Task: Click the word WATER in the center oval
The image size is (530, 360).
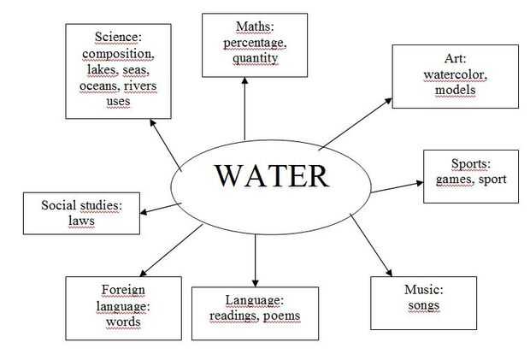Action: [271, 175]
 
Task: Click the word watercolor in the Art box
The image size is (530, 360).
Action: [455, 74]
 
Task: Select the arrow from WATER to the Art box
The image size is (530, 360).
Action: [355, 123]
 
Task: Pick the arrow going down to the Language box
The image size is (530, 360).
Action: [255, 257]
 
